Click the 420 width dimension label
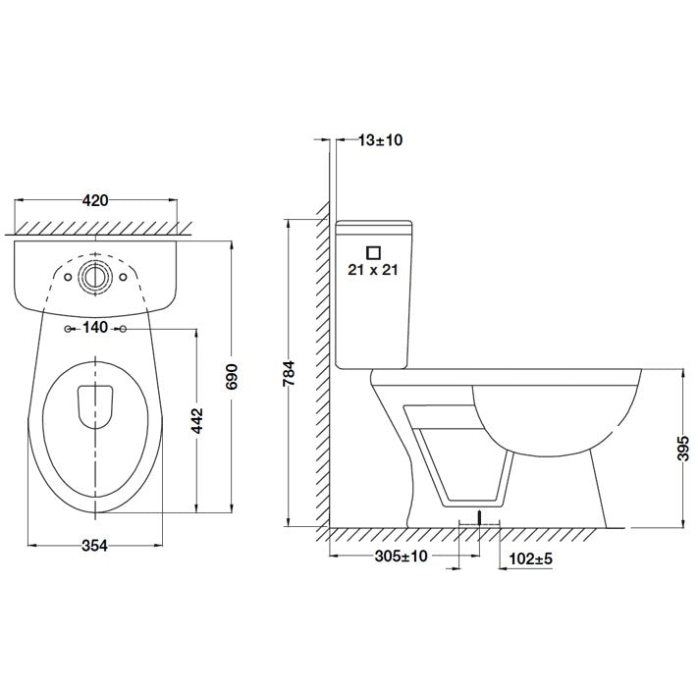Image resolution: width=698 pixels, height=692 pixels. click(x=95, y=200)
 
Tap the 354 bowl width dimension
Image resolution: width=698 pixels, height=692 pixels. click(x=95, y=545)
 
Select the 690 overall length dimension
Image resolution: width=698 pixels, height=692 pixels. click(x=232, y=377)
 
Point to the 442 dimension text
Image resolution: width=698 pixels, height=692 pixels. click(x=196, y=420)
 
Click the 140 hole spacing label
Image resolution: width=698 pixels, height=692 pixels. click(x=95, y=328)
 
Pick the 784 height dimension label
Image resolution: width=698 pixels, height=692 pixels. click(x=290, y=373)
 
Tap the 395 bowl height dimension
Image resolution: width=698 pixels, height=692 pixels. click(x=683, y=449)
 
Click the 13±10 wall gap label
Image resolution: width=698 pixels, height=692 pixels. click(x=380, y=139)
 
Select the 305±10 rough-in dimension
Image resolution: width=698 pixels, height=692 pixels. click(x=402, y=556)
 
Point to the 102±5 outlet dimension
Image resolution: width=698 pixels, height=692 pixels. click(x=531, y=559)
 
